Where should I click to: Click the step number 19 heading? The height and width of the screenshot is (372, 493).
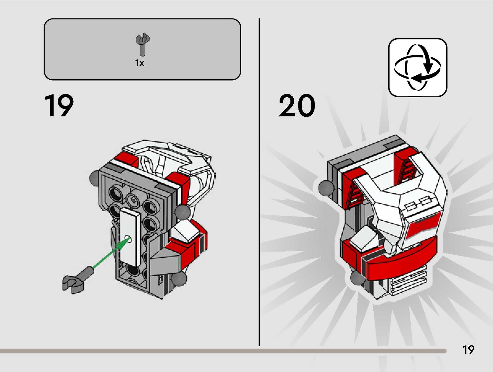[59, 106]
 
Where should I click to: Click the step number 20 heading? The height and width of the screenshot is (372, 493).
[297, 106]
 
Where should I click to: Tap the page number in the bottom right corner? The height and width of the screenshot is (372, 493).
[468, 350]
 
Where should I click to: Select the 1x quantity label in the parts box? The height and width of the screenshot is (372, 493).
[139, 63]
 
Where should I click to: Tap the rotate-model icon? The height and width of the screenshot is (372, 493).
[418, 67]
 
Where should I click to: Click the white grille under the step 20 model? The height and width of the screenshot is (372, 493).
[408, 281]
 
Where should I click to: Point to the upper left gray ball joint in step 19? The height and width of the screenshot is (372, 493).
[94, 178]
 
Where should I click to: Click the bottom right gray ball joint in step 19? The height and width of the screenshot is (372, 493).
[179, 279]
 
